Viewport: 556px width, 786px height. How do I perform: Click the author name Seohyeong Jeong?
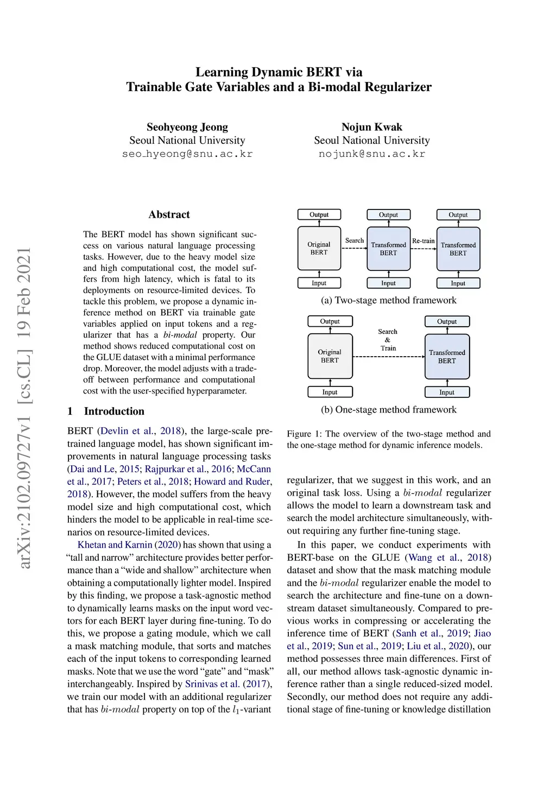click(x=187, y=127)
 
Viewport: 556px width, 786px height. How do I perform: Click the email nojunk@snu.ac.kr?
click(x=371, y=154)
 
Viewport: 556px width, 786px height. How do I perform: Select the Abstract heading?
click(x=169, y=214)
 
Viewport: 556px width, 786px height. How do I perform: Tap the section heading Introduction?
click(x=114, y=411)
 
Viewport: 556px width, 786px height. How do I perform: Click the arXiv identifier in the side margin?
click(x=24, y=408)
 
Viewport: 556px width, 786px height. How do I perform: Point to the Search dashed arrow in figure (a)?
click(x=354, y=248)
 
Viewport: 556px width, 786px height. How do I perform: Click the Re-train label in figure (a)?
click(x=423, y=241)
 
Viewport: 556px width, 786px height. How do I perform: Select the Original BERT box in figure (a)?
click(x=319, y=248)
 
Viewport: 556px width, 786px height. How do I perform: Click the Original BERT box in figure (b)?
click(x=330, y=356)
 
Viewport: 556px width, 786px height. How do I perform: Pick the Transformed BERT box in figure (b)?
click(x=447, y=356)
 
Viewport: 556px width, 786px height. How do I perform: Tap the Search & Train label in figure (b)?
click(x=388, y=340)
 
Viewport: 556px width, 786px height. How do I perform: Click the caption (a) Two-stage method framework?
click(x=388, y=300)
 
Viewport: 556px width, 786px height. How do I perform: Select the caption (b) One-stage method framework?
click(x=388, y=409)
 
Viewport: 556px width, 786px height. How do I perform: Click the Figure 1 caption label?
click(x=299, y=434)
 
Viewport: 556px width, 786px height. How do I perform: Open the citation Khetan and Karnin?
click(x=115, y=544)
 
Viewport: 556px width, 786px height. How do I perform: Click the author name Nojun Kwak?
click(x=371, y=127)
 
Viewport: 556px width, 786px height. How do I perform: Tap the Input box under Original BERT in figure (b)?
click(x=330, y=392)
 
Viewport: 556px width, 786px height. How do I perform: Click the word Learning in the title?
click(x=221, y=72)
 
